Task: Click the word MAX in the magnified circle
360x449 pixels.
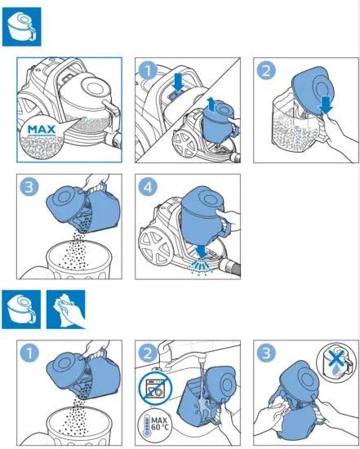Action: pos(42,130)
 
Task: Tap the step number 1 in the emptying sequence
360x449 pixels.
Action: pos(148,70)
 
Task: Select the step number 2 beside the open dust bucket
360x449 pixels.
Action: pos(266,70)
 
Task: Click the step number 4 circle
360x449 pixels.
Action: pos(148,187)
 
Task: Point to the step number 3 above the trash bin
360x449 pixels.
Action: pos(29,187)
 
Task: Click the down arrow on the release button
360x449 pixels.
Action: pos(179,82)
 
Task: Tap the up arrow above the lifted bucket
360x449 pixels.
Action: pos(211,104)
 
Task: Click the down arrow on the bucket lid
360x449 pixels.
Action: pos(326,105)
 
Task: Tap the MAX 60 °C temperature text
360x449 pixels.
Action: pos(160,424)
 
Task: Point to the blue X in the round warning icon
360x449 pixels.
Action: pos(336,358)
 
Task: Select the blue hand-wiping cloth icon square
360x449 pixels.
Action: pos(66,309)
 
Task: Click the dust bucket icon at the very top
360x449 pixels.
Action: pos(22,27)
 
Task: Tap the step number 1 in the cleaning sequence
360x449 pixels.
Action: pos(29,353)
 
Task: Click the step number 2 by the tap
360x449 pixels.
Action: pos(148,353)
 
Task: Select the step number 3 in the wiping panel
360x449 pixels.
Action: pos(266,353)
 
